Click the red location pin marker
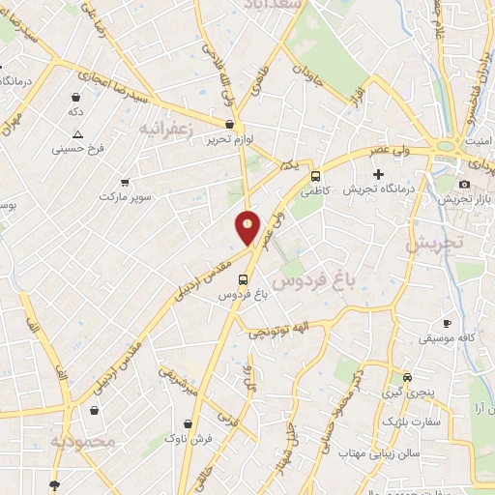click(x=248, y=227)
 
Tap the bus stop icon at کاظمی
click(x=316, y=176)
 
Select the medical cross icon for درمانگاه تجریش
click(x=392, y=174)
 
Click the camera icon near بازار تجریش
click(x=464, y=184)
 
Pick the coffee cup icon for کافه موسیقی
click(x=446, y=323)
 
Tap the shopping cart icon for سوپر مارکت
click(x=125, y=182)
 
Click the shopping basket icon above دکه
click(x=75, y=98)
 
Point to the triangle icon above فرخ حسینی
click(x=77, y=134)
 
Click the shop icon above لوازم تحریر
click(x=229, y=124)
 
